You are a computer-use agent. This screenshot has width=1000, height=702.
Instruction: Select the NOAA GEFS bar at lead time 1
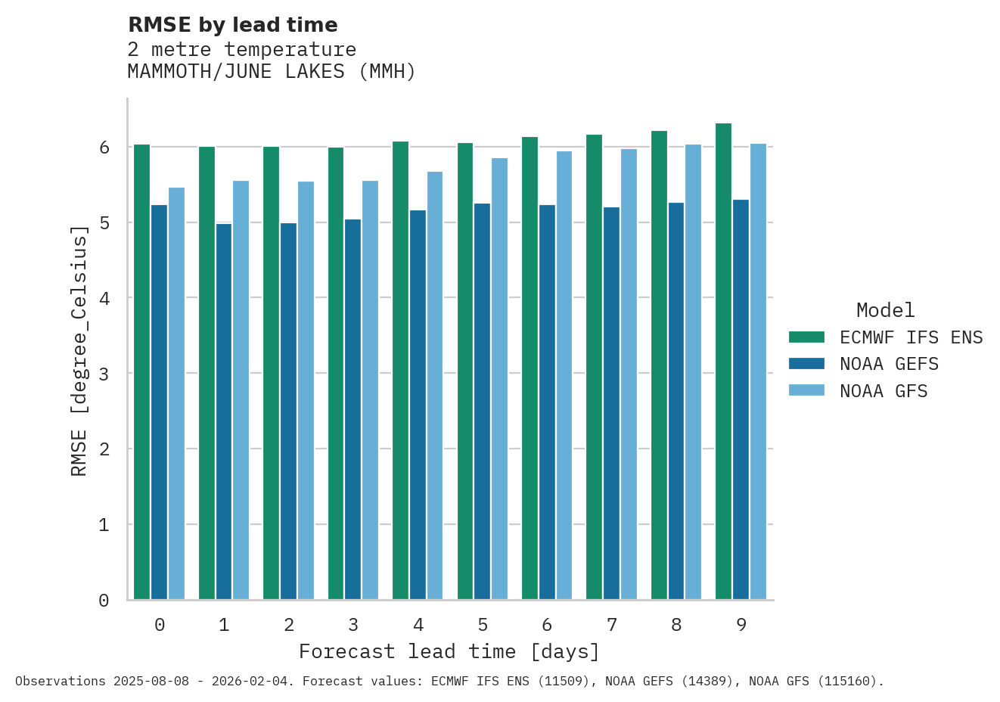pos(224,412)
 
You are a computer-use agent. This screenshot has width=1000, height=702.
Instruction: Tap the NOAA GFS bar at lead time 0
pos(176,393)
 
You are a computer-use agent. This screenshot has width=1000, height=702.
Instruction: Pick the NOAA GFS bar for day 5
pos(499,379)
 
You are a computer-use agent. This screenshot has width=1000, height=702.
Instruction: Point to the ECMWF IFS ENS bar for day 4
pos(400,371)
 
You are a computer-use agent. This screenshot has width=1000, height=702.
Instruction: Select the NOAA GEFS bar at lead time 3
pos(352,409)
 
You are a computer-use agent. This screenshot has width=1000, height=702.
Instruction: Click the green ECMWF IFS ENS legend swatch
pos(806,337)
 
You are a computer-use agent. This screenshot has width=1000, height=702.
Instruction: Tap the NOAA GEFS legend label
pos(889,364)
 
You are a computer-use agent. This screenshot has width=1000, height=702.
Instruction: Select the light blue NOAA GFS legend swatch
pos(806,390)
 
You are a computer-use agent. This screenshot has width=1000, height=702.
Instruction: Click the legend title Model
pos(885,310)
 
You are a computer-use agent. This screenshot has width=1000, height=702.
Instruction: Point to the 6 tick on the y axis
pos(104,148)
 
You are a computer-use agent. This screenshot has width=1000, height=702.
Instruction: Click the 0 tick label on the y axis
pos(104,601)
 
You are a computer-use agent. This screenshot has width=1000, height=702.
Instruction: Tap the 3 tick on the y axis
pos(104,374)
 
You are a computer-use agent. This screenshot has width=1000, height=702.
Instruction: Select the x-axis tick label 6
pos(547,625)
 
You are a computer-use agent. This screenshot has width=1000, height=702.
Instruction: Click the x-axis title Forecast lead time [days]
pos(449,651)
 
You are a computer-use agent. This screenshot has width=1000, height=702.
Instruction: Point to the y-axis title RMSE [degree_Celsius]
pos(79,350)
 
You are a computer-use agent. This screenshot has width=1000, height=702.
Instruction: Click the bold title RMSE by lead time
pos(233,25)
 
